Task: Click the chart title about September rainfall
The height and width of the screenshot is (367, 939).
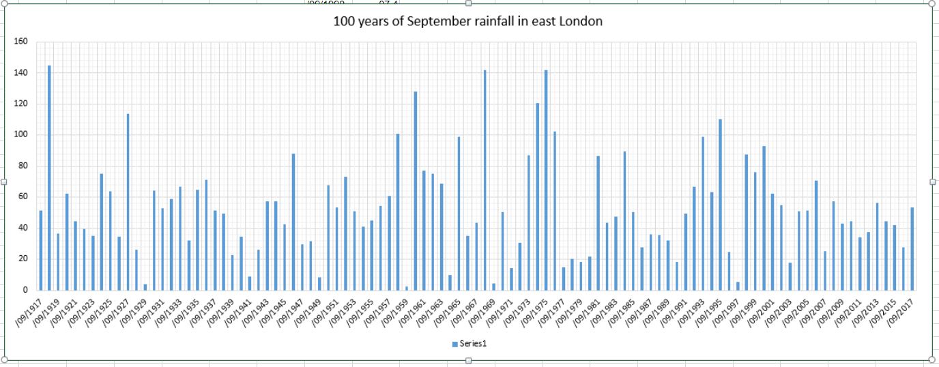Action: (467, 21)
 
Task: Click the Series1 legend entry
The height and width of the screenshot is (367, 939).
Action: (469, 344)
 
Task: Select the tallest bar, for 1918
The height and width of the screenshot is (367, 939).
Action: (49, 177)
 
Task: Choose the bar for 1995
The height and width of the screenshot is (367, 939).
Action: (720, 204)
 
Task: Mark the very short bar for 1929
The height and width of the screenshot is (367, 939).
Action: (145, 287)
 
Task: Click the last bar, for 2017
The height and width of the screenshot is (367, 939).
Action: (912, 248)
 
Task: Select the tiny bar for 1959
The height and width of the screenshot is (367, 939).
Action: (407, 288)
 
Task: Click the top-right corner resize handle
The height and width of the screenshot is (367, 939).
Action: (932, 3)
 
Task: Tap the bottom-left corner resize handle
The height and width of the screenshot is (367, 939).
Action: (4, 359)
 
